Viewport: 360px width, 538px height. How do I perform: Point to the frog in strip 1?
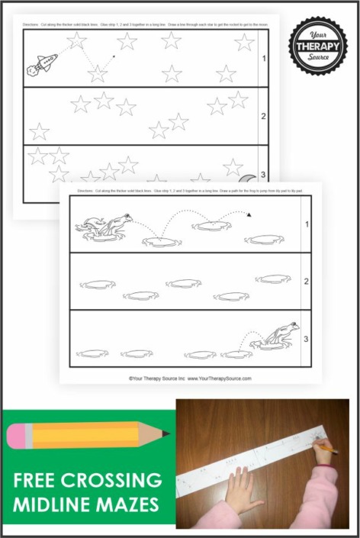pos(107,224)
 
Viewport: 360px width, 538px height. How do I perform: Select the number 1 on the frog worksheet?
pos(306,224)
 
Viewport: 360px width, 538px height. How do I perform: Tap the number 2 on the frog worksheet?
pos(306,282)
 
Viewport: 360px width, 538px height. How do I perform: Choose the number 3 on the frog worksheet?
pos(306,337)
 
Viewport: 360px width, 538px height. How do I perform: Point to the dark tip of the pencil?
pos(166,433)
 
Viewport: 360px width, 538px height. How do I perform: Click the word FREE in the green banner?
pos(39,482)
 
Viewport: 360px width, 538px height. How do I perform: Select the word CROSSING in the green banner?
pos(114,482)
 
